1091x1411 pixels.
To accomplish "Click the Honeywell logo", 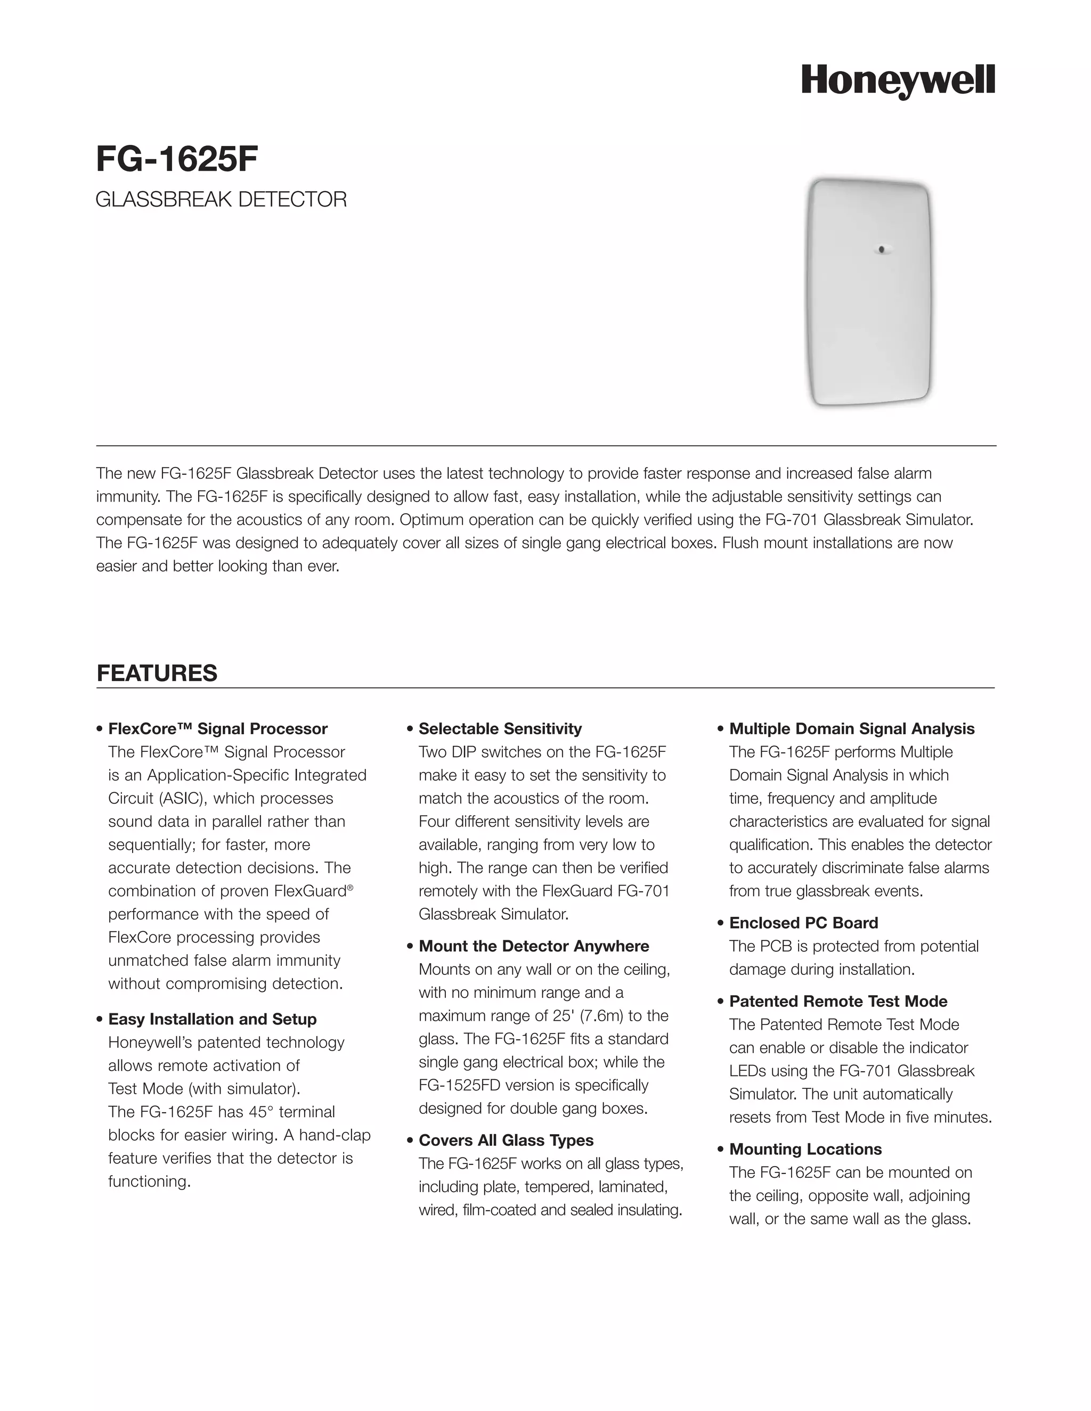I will point(898,82).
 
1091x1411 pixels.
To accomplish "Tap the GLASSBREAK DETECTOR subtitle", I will point(221,200).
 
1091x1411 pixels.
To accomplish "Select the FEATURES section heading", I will point(157,673).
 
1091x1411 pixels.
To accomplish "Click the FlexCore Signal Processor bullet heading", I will point(218,729).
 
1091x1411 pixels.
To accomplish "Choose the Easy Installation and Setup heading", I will point(212,1019).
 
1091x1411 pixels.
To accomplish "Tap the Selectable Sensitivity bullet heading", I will point(500,729).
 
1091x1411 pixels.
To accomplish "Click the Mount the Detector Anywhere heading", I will point(533,946).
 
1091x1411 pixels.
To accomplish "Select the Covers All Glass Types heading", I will point(506,1141).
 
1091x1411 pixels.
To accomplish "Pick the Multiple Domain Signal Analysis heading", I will point(851,729).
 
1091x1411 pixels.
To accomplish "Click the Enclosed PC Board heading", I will point(803,923).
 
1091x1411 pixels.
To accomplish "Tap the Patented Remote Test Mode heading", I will point(837,1002).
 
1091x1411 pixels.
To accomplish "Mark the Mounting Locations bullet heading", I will point(805,1150).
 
